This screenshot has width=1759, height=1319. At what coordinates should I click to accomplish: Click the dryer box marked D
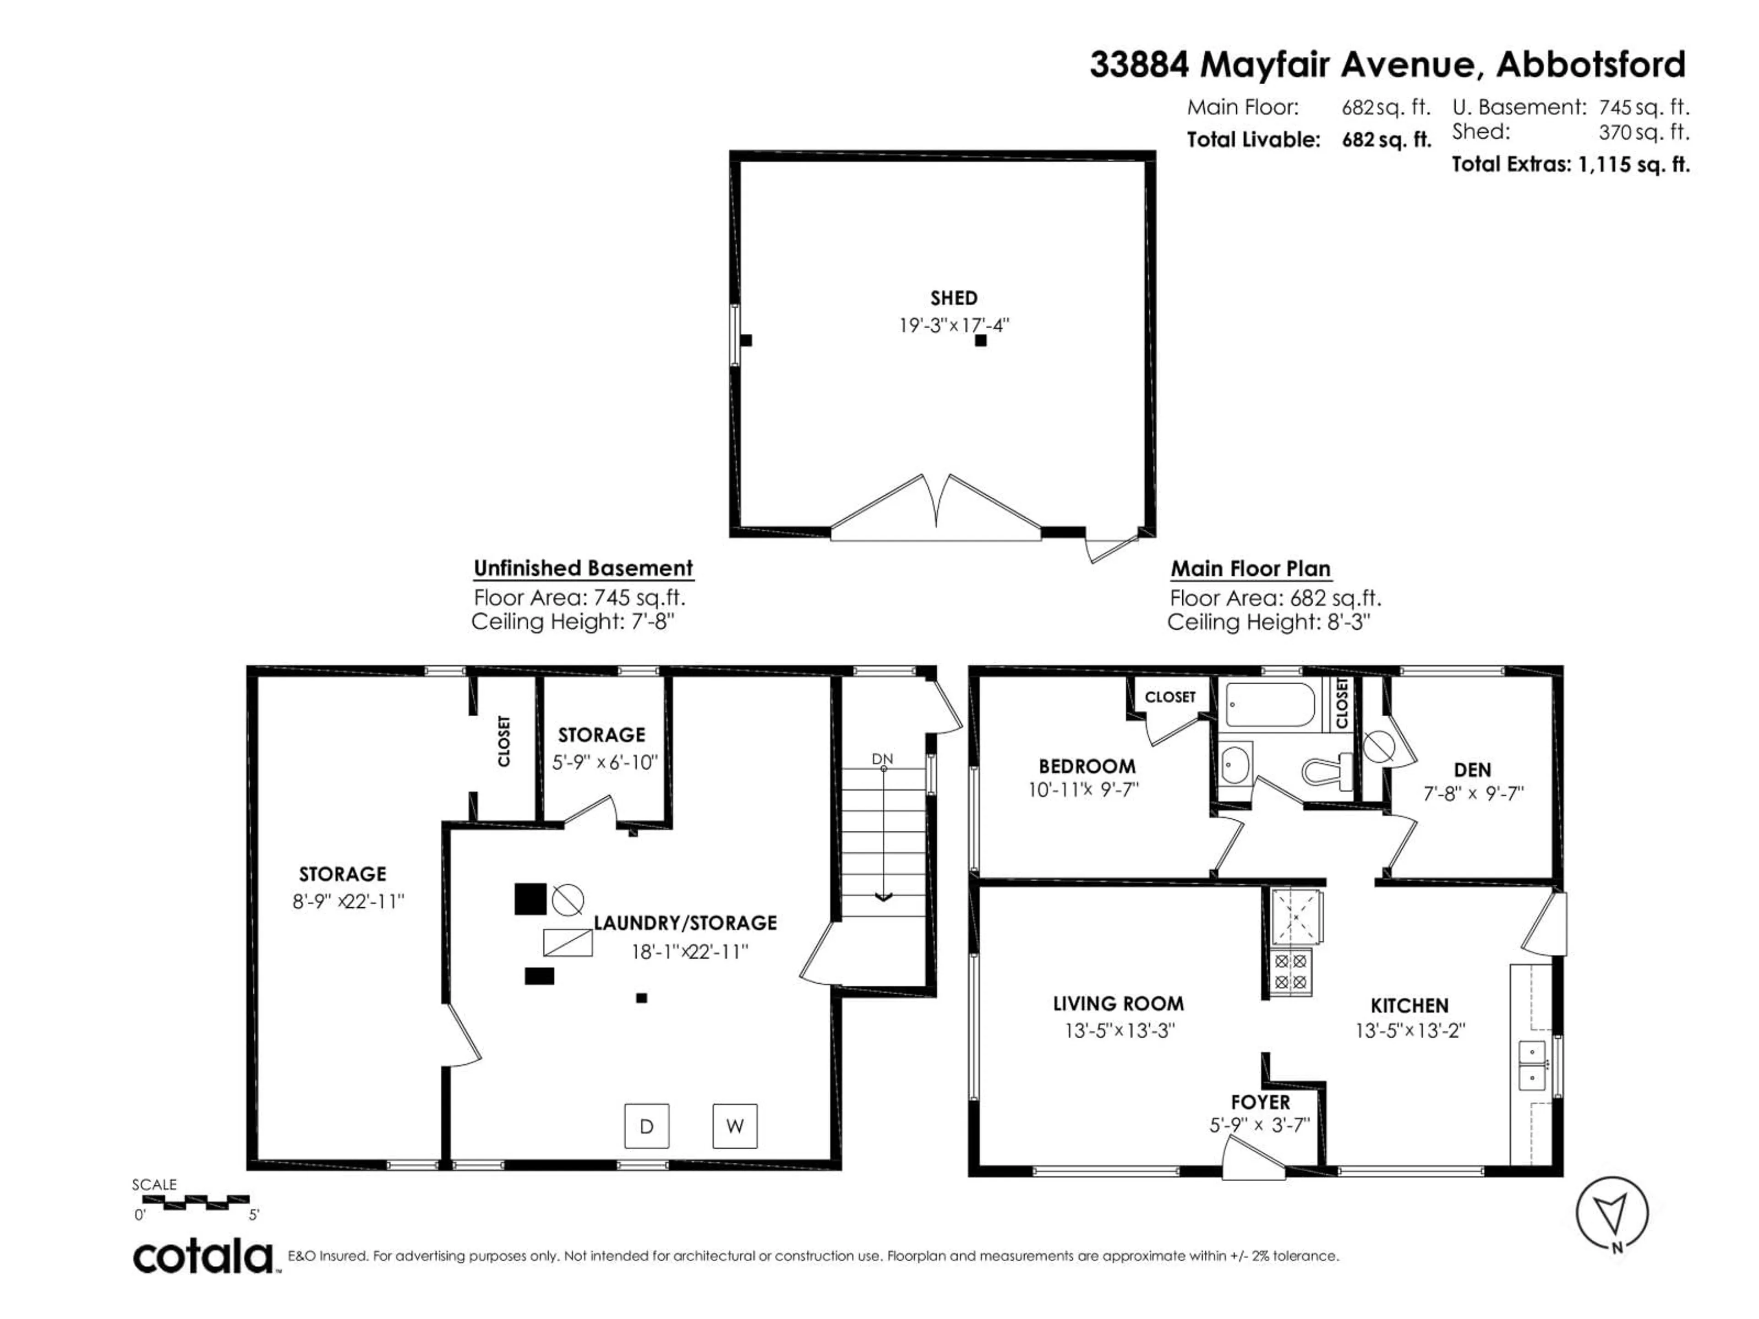click(646, 1126)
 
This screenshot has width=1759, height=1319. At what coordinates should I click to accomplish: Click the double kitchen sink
click(1532, 1065)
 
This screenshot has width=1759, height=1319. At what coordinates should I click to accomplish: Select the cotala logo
click(203, 1257)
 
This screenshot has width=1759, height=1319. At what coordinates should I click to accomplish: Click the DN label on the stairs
click(882, 759)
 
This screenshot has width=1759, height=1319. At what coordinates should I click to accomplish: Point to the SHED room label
click(953, 298)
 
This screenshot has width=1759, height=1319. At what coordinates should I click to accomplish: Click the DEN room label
click(1472, 769)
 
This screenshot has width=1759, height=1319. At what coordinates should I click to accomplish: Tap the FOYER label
click(1261, 1102)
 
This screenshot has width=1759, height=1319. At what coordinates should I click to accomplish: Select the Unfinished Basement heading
click(583, 568)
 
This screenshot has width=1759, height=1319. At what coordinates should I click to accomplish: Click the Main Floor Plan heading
click(1250, 569)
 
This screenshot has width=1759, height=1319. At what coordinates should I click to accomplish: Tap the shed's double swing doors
click(936, 509)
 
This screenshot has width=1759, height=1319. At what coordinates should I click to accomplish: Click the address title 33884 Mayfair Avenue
click(1387, 65)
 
